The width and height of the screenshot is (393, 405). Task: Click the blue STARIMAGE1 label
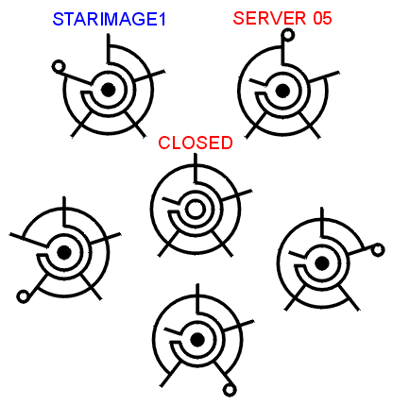[x=109, y=20]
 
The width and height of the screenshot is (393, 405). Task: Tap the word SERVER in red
[x=269, y=18]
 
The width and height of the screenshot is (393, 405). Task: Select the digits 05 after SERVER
[x=322, y=18]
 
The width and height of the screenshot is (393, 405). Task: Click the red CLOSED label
[x=196, y=143]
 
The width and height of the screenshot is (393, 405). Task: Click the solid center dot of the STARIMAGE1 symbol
[x=109, y=90]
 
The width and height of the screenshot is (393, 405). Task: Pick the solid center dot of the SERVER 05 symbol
[x=282, y=91]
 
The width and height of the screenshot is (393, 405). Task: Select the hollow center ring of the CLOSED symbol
[x=196, y=210]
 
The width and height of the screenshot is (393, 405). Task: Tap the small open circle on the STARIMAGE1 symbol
[x=59, y=67]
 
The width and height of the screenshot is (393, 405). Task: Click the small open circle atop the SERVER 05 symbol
[x=288, y=35]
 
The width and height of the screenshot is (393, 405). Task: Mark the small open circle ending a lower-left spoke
[x=23, y=296]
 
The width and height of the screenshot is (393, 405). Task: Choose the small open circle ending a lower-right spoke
[x=230, y=391]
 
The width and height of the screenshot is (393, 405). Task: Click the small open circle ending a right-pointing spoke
[x=378, y=250]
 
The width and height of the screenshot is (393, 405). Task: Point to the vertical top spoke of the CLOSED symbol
[x=196, y=168]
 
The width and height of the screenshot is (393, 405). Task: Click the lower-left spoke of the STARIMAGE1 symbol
[x=82, y=124]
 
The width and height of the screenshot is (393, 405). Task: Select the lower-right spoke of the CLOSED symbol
[x=222, y=244]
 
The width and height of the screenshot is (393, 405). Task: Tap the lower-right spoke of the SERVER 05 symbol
[x=309, y=126]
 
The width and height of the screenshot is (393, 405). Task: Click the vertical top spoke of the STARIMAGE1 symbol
[x=109, y=48]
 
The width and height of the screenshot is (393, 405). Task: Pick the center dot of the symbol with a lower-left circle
[x=64, y=252]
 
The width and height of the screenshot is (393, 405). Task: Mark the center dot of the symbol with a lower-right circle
[x=197, y=340]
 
